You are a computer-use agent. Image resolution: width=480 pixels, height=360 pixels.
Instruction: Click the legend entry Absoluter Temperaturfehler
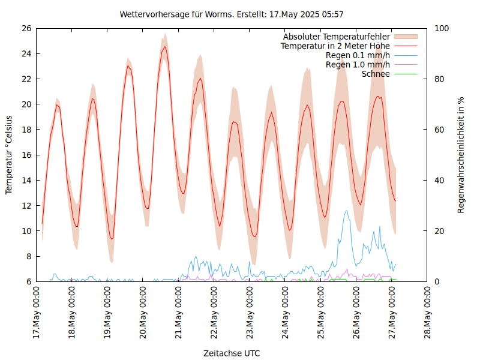tap(336, 36)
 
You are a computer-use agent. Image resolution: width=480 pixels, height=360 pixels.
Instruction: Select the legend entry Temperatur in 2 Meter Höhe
tap(335, 46)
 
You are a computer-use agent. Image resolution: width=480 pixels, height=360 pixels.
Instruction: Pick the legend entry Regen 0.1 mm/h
tap(358, 55)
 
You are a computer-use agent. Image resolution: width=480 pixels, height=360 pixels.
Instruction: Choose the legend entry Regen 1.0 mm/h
tap(358, 65)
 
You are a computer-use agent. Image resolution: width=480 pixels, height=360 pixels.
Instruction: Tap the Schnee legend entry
tap(376, 74)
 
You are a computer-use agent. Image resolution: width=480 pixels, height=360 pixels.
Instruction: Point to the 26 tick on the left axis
tap(26, 28)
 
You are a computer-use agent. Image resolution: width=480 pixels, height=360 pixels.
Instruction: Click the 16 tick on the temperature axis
tap(26, 155)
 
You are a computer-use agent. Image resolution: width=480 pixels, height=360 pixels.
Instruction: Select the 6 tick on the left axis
tap(28, 281)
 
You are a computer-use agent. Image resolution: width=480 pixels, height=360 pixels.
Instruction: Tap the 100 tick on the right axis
tap(441, 28)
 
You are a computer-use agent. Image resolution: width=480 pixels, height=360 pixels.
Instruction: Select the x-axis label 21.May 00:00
tap(179, 312)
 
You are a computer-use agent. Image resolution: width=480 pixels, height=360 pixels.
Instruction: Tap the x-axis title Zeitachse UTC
tap(232, 353)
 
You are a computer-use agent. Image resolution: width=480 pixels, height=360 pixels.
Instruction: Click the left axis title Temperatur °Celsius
tap(9, 155)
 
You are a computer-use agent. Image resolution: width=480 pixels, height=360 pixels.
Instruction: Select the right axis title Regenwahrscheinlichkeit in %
tap(461, 155)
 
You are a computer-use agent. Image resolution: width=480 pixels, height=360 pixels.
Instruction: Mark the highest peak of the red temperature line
tap(164, 47)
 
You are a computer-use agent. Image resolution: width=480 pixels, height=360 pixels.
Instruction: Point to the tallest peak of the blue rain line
tap(346, 211)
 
